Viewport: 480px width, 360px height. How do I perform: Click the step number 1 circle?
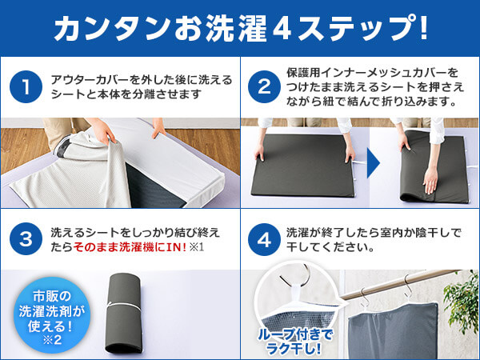click(26, 86)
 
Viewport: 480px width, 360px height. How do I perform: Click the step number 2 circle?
click(264, 86)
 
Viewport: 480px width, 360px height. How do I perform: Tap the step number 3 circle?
click(26, 239)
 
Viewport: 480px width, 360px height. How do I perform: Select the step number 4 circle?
click(264, 239)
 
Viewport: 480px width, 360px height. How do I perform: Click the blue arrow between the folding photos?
click(373, 162)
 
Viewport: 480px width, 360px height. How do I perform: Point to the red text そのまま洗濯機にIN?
click(130, 247)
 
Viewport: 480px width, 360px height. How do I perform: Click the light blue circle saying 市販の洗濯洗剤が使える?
click(52, 315)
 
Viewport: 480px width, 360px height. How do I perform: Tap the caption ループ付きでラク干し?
click(294, 342)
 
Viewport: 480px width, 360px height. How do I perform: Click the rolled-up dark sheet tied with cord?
click(124, 313)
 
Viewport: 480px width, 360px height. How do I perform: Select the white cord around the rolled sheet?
click(124, 306)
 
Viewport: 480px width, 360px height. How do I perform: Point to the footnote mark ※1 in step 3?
click(197, 247)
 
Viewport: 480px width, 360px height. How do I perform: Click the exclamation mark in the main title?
click(423, 27)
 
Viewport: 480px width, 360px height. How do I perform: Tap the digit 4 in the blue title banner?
click(282, 29)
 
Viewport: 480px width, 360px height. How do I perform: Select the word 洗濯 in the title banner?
click(236, 28)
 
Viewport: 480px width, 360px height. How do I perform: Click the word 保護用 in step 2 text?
click(304, 73)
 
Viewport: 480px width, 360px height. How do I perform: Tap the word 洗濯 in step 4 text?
click(298, 233)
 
